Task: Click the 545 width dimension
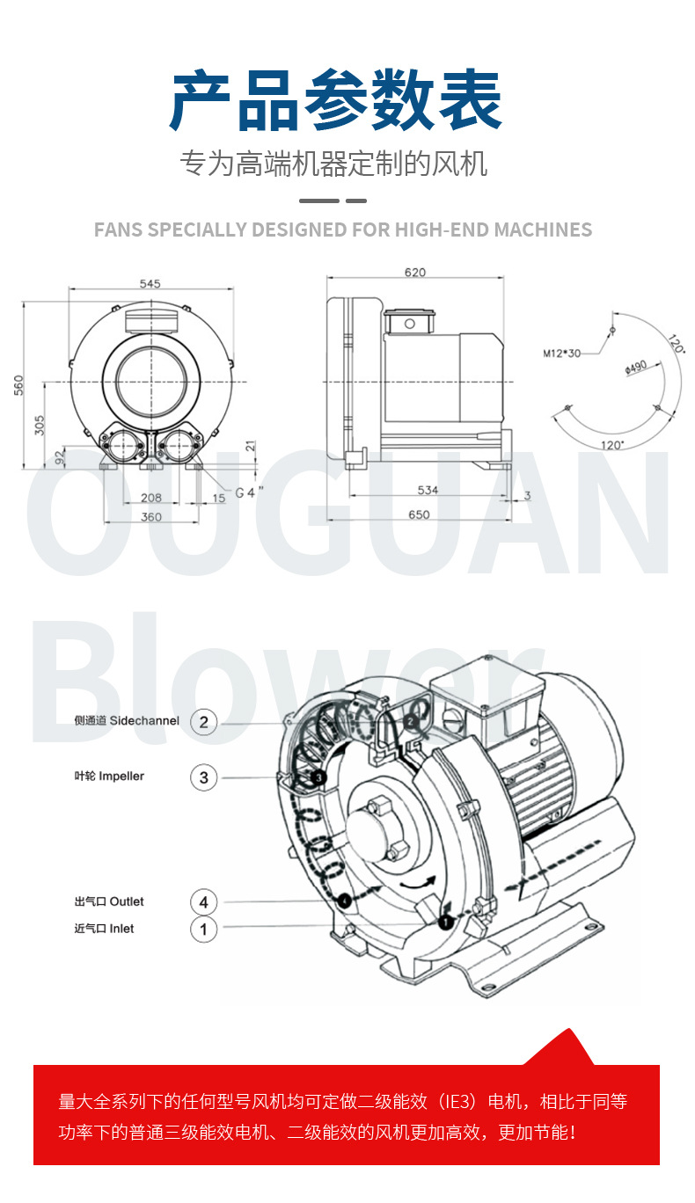pos(150,283)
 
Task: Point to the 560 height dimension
pos(18,385)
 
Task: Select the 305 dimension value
pos(40,425)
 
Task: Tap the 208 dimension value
pos(151,498)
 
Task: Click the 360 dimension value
pos(151,517)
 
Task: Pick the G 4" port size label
pos(249,492)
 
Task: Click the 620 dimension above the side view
pos(415,273)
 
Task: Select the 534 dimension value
pos(428,490)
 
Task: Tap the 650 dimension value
pos(419,514)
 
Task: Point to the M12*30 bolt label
pos(562,354)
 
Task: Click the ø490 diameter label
pos(636,368)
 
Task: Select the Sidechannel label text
pos(144,721)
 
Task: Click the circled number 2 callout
pos(203,722)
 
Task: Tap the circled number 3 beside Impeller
pos(203,777)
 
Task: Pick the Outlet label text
pos(127,901)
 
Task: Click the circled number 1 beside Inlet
pos(203,930)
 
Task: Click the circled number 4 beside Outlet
pos(203,901)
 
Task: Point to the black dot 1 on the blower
pos(445,922)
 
